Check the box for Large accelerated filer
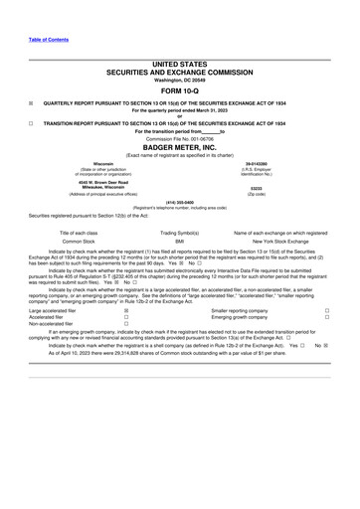(x=125, y=339)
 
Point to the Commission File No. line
(x=179, y=138)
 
